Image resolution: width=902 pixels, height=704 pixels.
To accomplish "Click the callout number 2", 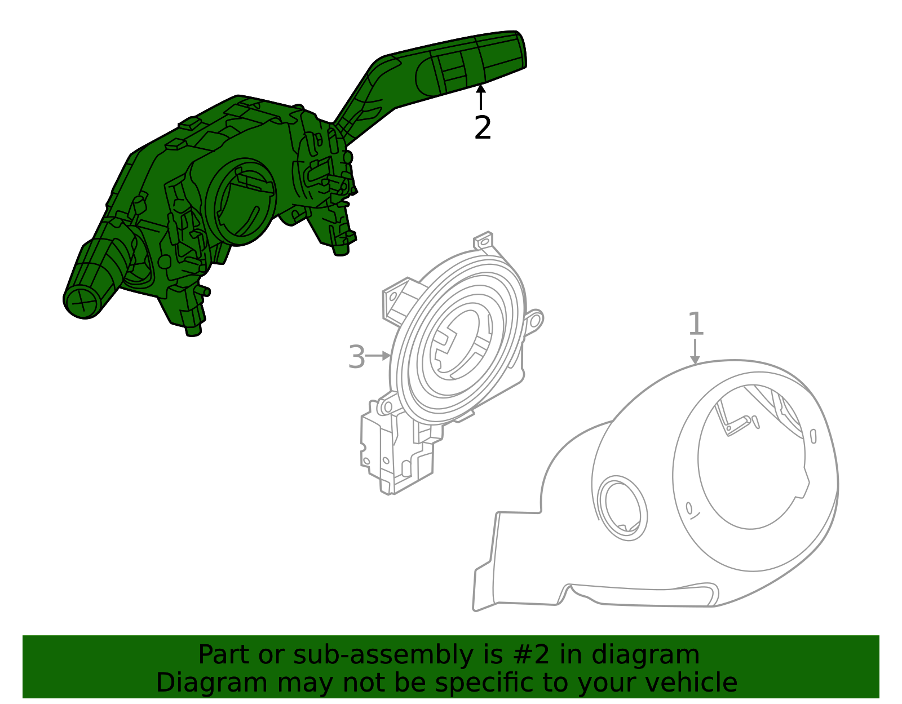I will click(483, 129).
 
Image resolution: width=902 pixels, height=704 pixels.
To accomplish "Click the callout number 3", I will click(356, 357).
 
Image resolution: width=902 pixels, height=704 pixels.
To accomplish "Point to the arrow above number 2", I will click(480, 96).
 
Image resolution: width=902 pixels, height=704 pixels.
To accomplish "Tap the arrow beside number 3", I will click(378, 356).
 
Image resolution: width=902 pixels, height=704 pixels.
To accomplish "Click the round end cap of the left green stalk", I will click(82, 303).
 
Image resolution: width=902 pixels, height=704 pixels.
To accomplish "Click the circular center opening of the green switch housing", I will click(240, 202).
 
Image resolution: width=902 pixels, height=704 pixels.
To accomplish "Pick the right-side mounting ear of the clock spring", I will click(533, 321).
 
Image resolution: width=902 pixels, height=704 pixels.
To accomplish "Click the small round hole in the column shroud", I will click(622, 508).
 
